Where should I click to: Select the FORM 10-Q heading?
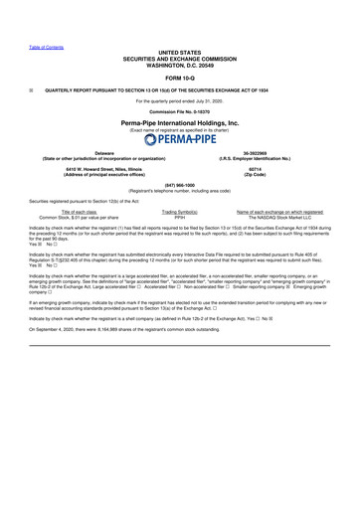179,79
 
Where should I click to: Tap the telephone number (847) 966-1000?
179,185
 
